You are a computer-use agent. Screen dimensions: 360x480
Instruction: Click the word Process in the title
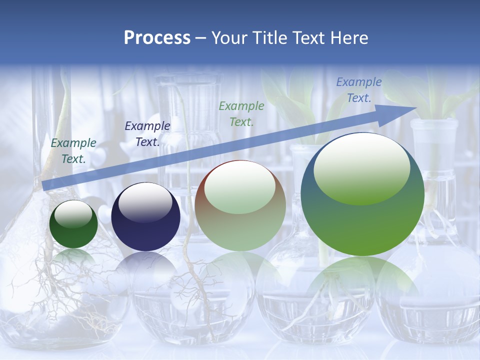(x=157, y=38)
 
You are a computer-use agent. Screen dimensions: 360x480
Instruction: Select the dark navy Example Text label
(x=147, y=134)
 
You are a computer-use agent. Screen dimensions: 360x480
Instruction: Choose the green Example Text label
(x=241, y=113)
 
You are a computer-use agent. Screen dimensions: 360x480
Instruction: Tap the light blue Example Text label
(x=359, y=90)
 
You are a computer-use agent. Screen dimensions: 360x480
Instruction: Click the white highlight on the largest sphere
(x=361, y=167)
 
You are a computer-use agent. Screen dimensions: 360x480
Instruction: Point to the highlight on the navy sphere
(x=145, y=201)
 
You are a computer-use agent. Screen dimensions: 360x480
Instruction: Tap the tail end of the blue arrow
(x=46, y=184)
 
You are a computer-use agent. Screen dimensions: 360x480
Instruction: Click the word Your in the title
(x=228, y=38)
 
